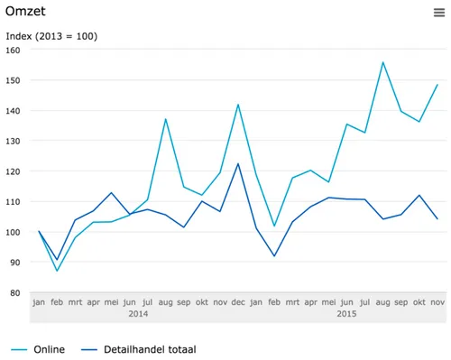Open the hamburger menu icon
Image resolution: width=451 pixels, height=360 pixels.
point(438,12)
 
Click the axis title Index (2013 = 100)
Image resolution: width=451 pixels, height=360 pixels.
point(51,36)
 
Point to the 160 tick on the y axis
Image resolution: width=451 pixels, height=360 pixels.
point(13,51)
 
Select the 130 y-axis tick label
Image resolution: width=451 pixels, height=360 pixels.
point(13,141)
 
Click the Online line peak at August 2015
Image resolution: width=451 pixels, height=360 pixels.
point(383,62)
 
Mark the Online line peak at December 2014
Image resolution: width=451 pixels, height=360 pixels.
point(237,105)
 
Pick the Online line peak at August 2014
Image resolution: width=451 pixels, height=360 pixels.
point(166,119)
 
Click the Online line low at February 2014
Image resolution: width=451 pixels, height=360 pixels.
point(57,271)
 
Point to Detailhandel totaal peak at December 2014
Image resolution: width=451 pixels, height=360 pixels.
point(237,163)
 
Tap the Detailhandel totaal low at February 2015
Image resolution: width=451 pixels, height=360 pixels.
point(274,256)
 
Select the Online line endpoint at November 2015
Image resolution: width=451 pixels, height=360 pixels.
point(437,85)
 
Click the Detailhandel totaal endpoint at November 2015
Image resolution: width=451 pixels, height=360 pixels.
point(437,218)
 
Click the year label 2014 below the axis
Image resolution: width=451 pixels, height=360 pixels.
point(138,314)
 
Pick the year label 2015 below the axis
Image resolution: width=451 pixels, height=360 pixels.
point(347,314)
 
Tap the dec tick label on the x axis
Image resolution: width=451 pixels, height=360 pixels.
point(237,302)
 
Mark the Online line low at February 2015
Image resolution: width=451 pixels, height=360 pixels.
point(274,226)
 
